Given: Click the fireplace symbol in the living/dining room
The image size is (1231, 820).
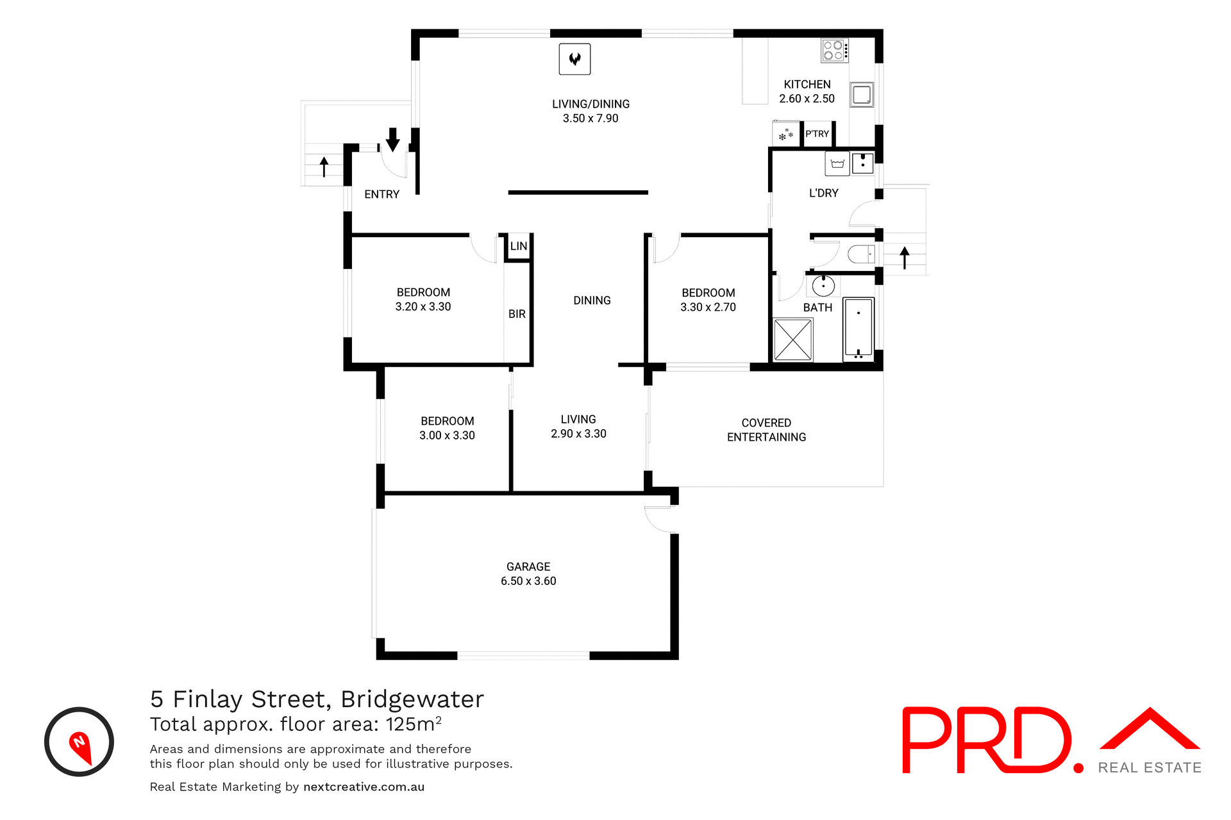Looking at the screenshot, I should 574,59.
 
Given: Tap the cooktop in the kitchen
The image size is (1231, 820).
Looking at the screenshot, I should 834,51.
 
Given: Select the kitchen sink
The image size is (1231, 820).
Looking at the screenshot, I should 862,95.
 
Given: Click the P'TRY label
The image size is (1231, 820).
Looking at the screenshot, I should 817,134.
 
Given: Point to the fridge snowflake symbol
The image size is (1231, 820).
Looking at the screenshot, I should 786,135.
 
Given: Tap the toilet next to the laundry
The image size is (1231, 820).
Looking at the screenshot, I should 861,254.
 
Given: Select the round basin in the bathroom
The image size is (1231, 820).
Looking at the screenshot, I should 823,286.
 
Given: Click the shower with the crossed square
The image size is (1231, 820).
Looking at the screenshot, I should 793,340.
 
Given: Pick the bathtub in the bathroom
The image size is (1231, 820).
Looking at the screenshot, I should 858,327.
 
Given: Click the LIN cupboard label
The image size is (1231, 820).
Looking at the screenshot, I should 519,246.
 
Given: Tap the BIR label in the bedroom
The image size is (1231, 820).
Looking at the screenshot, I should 517,314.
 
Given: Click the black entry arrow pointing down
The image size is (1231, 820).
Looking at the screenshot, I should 393,139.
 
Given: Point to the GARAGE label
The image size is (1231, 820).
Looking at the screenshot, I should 528,567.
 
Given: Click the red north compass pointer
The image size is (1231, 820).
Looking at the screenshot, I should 80,746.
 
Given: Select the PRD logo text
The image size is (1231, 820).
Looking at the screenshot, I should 987,740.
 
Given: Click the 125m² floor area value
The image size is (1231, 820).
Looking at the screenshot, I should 414,725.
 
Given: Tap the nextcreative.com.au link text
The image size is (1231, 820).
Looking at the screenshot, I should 364,787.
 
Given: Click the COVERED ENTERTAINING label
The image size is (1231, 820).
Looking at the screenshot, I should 766,430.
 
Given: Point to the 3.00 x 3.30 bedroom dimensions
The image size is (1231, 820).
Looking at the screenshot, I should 447,436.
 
